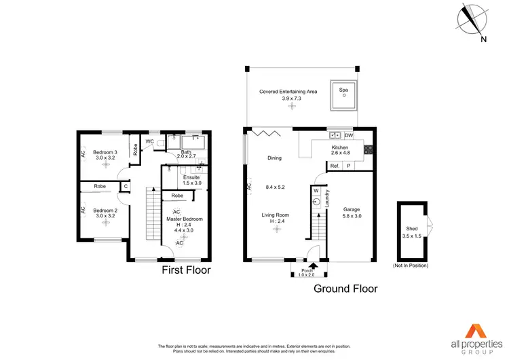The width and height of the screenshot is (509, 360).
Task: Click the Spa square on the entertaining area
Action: click(x=344, y=96)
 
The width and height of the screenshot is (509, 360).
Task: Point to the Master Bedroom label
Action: click(x=185, y=219)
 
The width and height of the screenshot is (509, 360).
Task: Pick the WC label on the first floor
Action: click(x=149, y=141)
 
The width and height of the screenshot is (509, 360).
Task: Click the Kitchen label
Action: click(x=339, y=147)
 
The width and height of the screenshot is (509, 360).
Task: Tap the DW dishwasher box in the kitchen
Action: click(x=349, y=134)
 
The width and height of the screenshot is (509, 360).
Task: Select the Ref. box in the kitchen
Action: click(x=335, y=166)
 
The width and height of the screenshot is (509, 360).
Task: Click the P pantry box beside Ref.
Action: click(x=349, y=166)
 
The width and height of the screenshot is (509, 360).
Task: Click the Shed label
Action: click(x=412, y=232)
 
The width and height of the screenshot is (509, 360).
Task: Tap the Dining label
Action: click(x=274, y=158)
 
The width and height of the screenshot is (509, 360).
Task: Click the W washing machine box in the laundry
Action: click(x=316, y=191)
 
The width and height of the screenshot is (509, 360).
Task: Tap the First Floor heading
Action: click(x=185, y=270)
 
